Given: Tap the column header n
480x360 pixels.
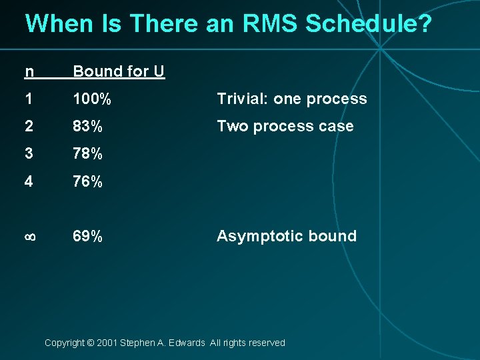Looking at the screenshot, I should pyautogui.click(x=29, y=71).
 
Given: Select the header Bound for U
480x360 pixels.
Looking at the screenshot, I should pyautogui.click(x=119, y=71).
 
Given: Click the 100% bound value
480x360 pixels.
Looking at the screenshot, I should pyautogui.click(x=92, y=99).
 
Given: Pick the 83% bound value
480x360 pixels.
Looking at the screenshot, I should pyautogui.click(x=87, y=127).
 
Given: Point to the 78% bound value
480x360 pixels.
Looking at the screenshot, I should pyautogui.click(x=87, y=154).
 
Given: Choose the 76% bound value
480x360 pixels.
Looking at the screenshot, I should pyautogui.click(x=87, y=181).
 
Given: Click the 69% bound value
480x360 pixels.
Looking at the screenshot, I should pyautogui.click(x=87, y=236).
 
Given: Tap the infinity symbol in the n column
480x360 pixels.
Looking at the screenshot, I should pyautogui.click(x=30, y=237).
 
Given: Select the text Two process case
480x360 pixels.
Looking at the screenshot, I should pyautogui.click(x=285, y=127).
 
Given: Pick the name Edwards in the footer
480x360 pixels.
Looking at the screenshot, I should pyautogui.click(x=187, y=343).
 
